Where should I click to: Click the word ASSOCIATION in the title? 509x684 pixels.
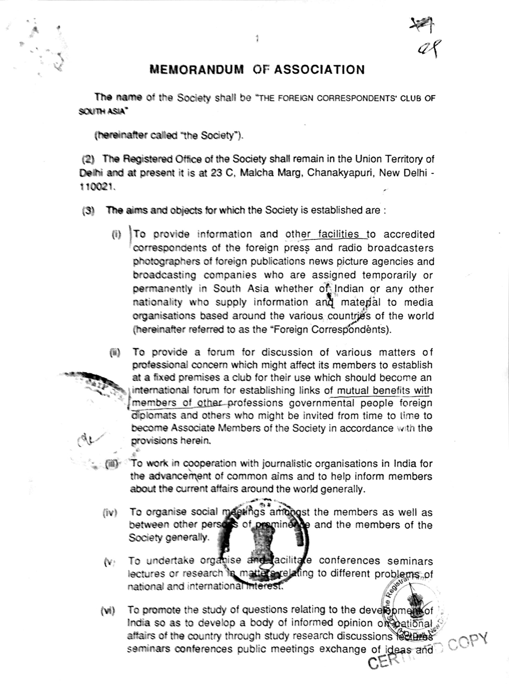click(319, 69)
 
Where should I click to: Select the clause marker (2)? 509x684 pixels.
click(88, 159)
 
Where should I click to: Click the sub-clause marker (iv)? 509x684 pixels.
click(110, 513)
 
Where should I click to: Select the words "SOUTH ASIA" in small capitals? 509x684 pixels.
click(102, 112)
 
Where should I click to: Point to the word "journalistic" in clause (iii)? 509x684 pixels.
click(283, 463)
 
